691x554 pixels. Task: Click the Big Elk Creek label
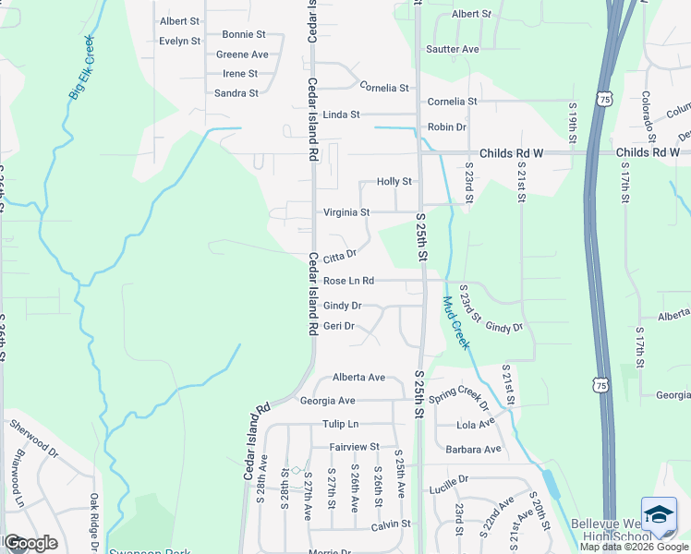[81, 67]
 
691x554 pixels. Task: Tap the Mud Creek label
[456, 322]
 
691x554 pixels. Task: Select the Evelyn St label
[179, 41]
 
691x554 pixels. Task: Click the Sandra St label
[236, 93]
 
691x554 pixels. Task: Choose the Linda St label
[341, 114]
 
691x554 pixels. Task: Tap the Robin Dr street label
[446, 126]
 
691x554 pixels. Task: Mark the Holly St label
[394, 182]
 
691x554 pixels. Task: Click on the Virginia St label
[346, 212]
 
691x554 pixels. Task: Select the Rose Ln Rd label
[348, 281]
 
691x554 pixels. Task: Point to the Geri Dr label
[339, 326]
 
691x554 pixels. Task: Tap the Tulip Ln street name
[340, 424]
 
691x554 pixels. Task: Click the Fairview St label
[355, 447]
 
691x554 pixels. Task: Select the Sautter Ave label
[452, 49]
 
